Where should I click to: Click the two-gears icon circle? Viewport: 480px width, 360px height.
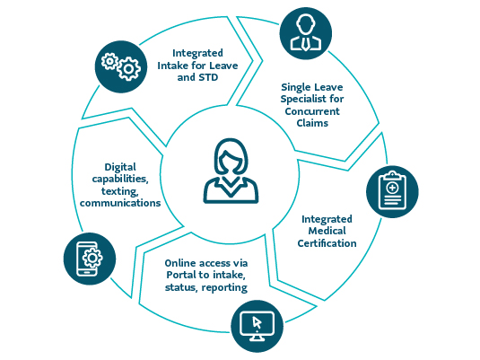[x=121, y=66]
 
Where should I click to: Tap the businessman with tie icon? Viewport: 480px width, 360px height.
[x=306, y=33]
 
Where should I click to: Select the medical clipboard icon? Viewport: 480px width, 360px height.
[x=392, y=191]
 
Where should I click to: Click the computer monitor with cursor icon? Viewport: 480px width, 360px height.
[x=257, y=326]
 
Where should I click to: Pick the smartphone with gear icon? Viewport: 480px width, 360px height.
[x=89, y=259]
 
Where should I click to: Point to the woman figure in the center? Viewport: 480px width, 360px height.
[x=231, y=171]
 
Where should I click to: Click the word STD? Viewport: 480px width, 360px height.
[x=208, y=77]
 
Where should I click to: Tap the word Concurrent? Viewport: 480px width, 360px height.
[x=312, y=111]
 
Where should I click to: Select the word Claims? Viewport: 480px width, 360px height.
[x=312, y=123]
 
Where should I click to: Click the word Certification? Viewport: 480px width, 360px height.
[x=327, y=243]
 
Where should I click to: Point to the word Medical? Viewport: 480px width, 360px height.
[x=327, y=231]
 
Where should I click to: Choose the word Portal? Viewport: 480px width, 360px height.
[x=181, y=275]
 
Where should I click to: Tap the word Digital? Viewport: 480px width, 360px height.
[x=120, y=167]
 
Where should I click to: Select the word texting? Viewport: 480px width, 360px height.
[x=119, y=191]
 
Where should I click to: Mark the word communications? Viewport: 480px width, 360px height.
[x=120, y=203]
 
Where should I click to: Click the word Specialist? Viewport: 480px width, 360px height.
[x=303, y=100]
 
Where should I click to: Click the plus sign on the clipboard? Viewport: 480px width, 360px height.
[x=392, y=188]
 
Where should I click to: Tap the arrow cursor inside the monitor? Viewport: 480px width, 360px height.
[x=257, y=322]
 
